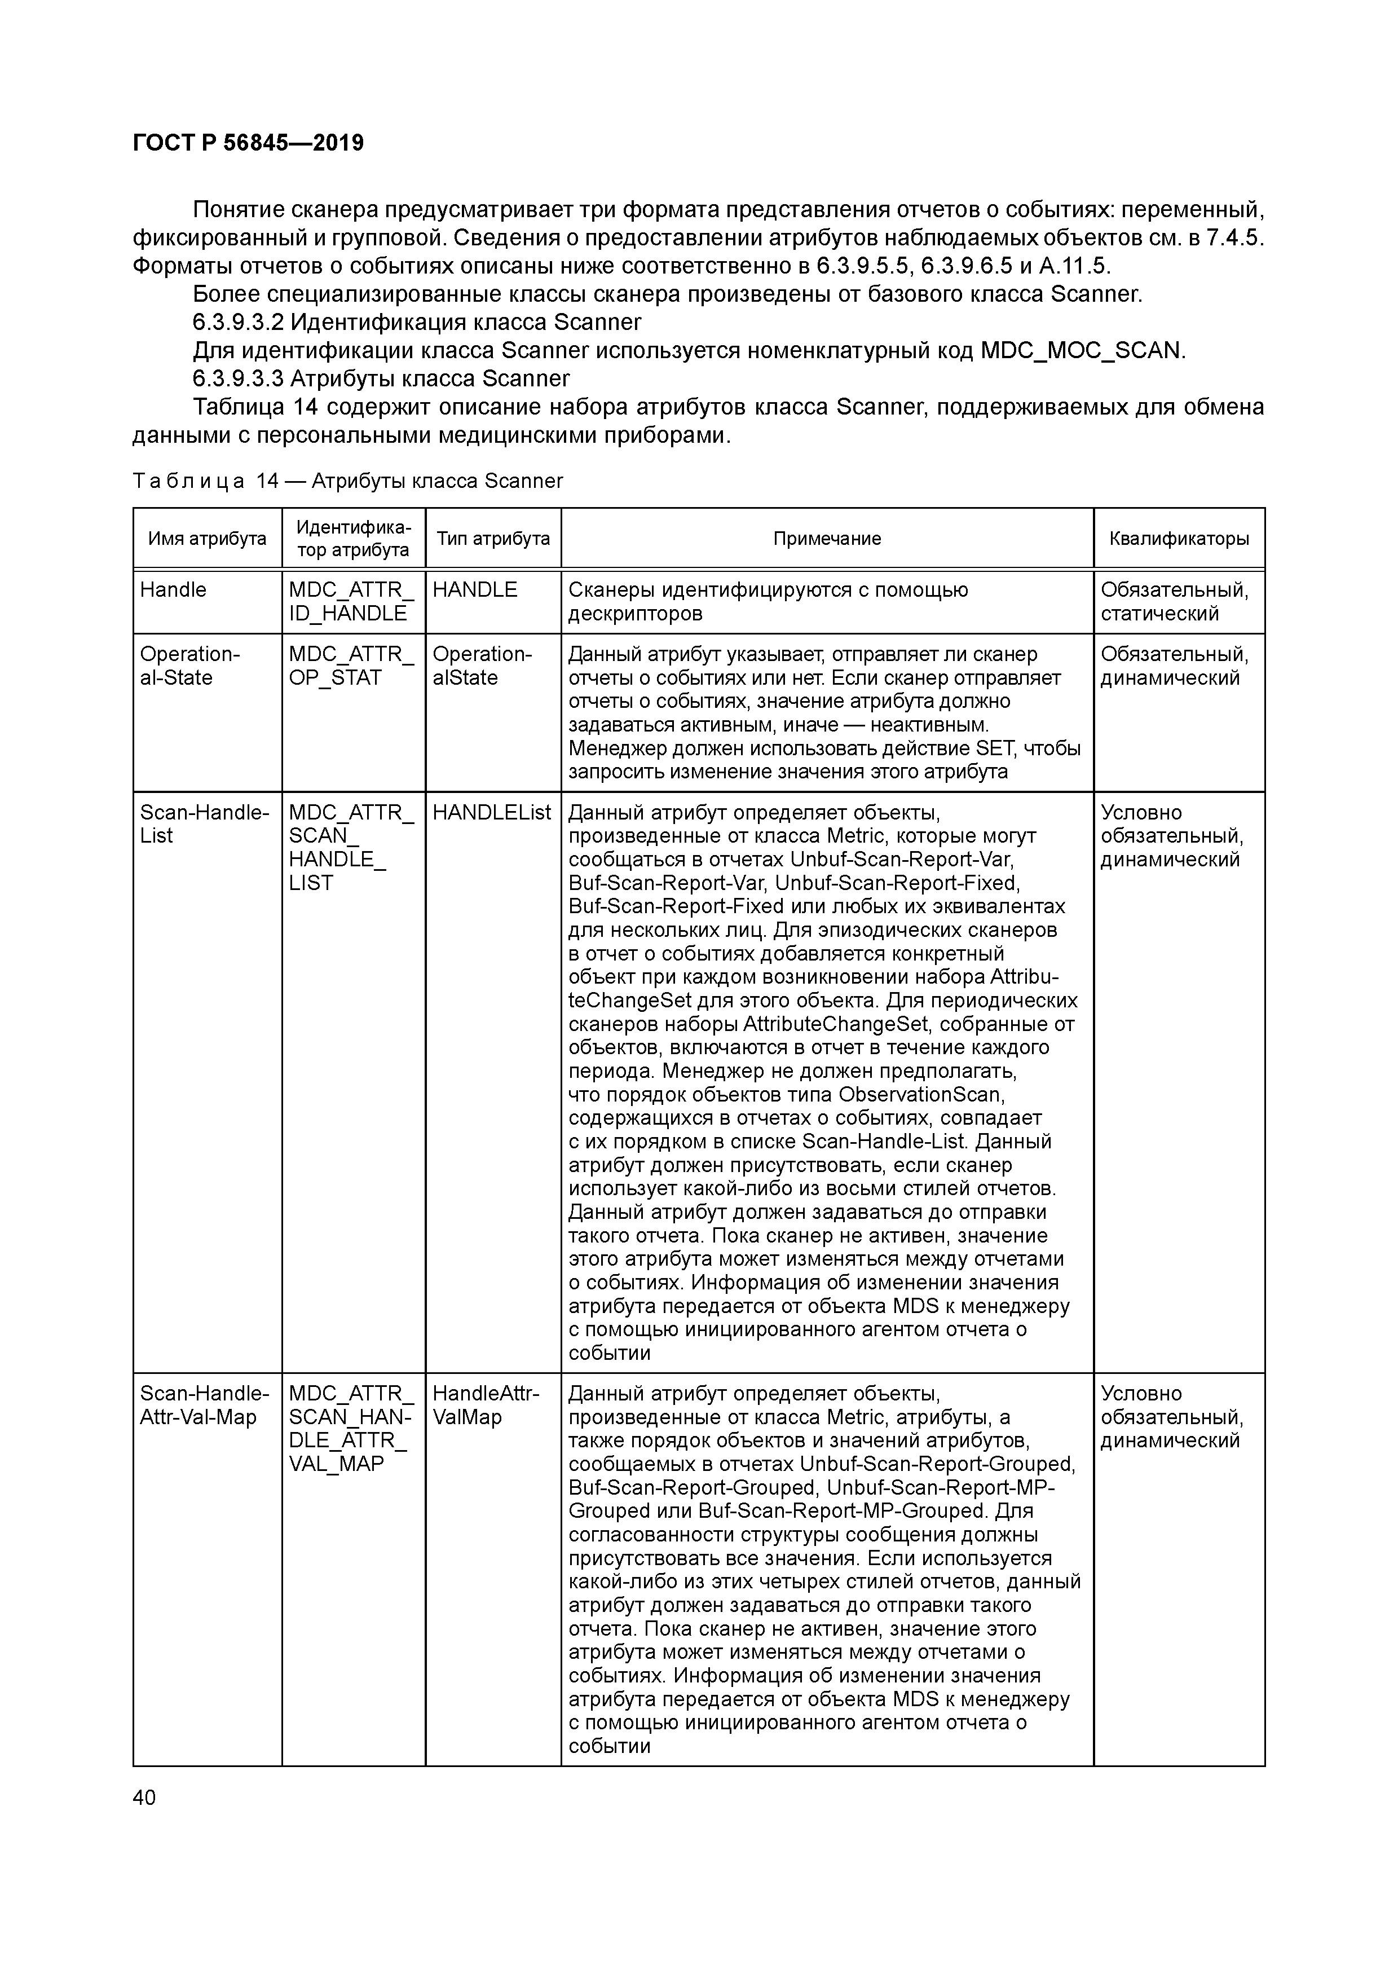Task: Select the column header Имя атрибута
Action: pos(208,539)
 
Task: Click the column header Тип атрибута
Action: pos(493,539)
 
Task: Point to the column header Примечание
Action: pos(827,539)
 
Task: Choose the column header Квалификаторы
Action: pos(1179,539)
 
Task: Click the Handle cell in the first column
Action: pos(173,590)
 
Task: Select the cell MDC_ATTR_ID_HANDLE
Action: pos(351,601)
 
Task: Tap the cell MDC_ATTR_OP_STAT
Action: pos(351,666)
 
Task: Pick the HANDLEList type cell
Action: pos(491,812)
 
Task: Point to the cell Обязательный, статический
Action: pos(1174,601)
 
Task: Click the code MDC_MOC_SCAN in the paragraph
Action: pos(1081,351)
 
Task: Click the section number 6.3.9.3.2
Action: pos(238,322)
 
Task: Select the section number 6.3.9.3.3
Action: pos(238,379)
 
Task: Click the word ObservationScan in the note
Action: pos(921,1095)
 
